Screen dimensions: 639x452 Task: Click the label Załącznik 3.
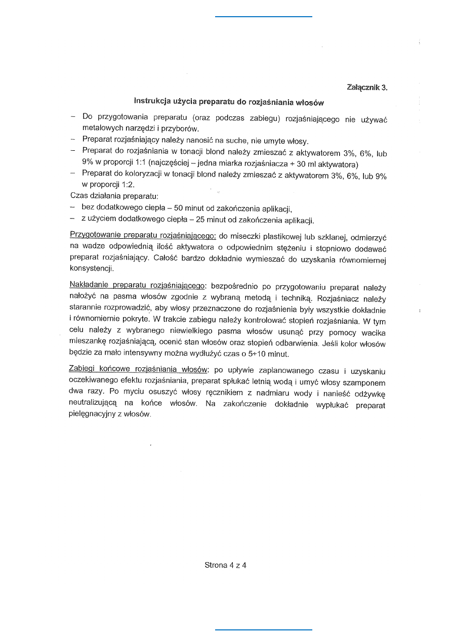tap(367, 87)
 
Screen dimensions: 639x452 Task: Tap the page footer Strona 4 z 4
tap(225, 565)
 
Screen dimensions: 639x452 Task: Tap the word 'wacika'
tap(373, 332)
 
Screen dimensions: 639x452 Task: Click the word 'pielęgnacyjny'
tap(92, 414)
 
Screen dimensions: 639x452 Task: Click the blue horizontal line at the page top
tap(264, 17)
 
